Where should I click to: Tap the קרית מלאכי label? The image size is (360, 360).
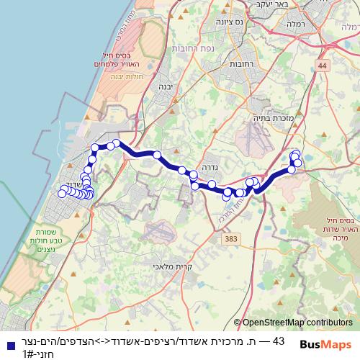169,266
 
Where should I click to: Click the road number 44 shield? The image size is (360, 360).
322,66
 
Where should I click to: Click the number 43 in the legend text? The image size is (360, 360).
280,341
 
